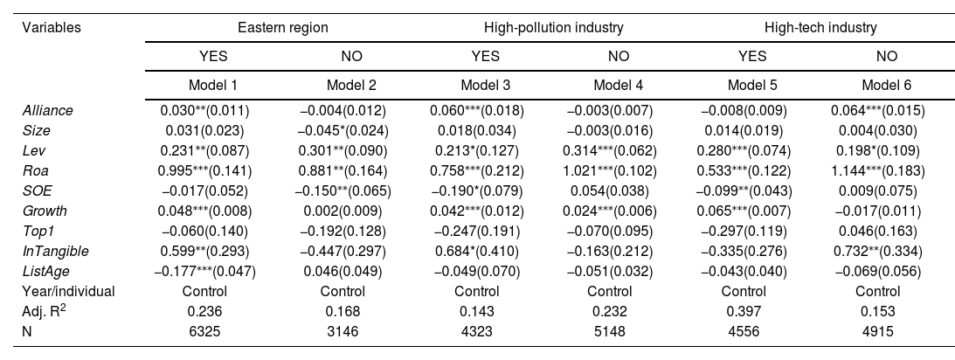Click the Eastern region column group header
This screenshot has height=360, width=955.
pos(282,27)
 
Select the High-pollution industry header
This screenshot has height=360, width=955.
pos(554,27)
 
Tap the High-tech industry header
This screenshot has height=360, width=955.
pos(820,27)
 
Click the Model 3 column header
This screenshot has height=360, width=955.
pos(486,86)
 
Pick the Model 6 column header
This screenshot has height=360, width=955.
pos(887,86)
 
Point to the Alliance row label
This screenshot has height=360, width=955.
pos(47,111)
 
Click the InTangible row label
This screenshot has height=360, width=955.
pos(55,251)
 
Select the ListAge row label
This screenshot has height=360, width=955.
pos(45,271)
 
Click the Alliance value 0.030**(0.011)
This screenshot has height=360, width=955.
pos(204,111)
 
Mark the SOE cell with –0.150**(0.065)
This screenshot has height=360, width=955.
pos(343,191)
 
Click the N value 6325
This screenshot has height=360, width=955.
pos(204,331)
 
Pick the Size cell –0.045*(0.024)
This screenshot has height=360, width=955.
pos(343,131)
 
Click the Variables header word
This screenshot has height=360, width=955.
pos(52,27)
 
